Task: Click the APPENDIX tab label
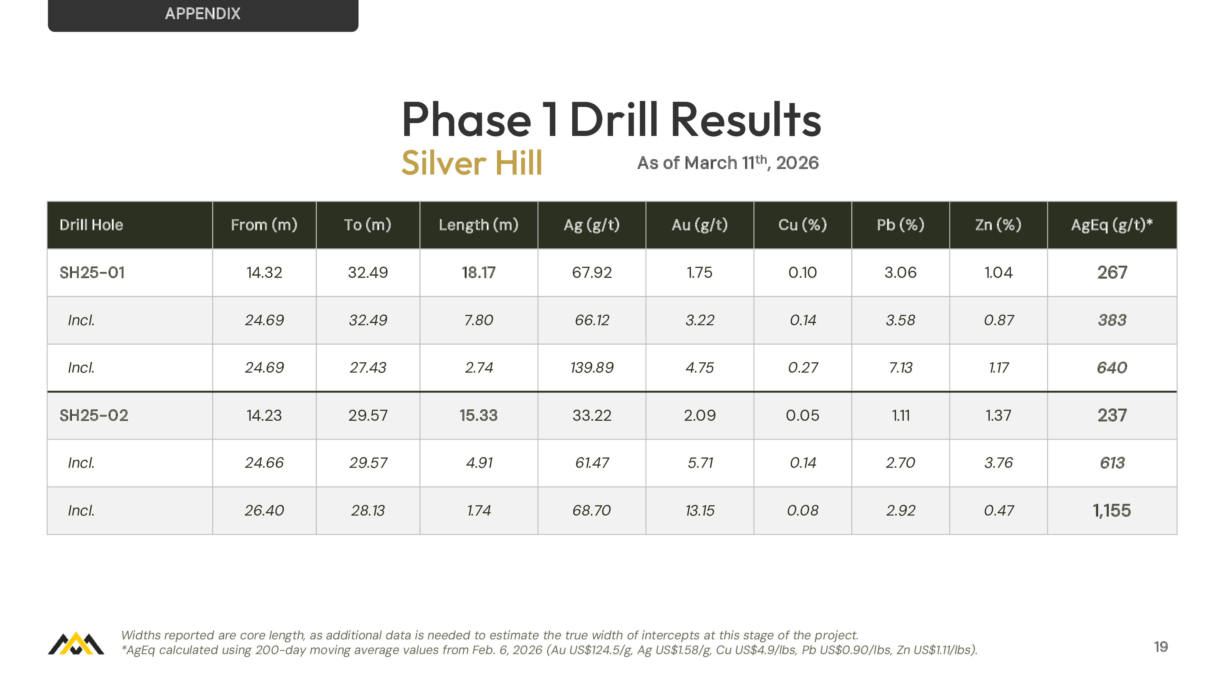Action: (203, 13)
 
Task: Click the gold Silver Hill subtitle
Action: (472, 163)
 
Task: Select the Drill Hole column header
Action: (91, 225)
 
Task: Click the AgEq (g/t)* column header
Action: (1112, 225)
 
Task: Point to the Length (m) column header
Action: (479, 225)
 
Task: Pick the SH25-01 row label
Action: (92, 272)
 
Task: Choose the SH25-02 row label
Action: (94, 415)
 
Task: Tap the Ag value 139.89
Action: (592, 367)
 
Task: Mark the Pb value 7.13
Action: (900, 367)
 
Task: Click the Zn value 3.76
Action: (998, 463)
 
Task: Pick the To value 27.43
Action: (368, 367)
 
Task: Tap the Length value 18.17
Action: (479, 272)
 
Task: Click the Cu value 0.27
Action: (803, 367)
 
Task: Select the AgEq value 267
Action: (1112, 272)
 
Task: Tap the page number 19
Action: (1161, 647)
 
